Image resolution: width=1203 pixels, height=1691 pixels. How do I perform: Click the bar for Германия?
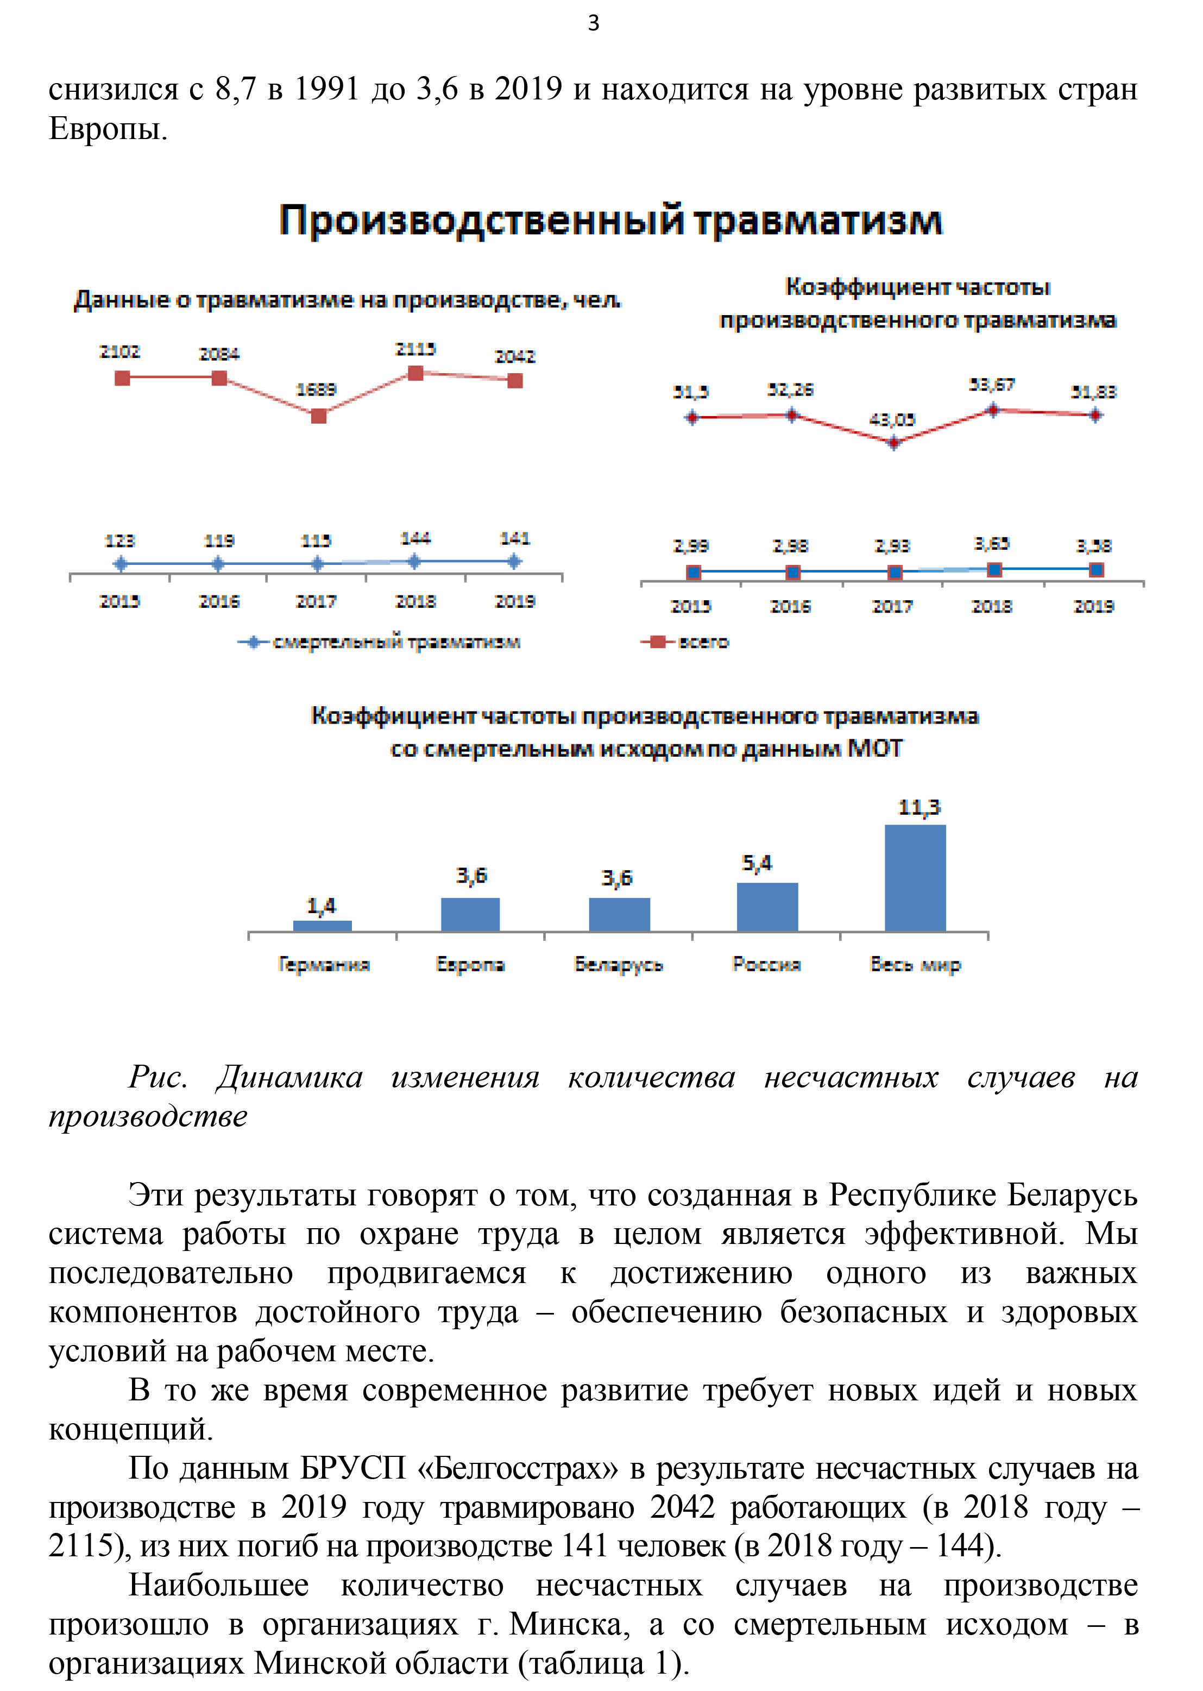point(322,925)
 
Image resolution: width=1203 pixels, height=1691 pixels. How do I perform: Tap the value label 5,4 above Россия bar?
point(757,863)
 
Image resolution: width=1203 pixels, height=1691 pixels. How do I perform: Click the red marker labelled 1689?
point(318,416)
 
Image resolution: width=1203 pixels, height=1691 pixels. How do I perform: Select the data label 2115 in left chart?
point(415,349)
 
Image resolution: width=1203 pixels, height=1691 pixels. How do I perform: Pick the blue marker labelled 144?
point(415,562)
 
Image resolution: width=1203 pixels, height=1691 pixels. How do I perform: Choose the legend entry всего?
point(686,642)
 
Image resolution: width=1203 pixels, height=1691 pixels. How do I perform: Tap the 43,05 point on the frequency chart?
point(893,443)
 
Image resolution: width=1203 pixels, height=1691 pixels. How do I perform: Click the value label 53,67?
point(991,385)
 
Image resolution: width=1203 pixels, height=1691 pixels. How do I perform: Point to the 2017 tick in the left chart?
point(316,601)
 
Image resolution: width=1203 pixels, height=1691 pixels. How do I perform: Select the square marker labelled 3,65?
point(995,570)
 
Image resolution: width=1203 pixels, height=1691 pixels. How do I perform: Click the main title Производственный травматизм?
point(610,220)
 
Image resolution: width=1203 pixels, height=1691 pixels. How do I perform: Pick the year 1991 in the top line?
point(326,89)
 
